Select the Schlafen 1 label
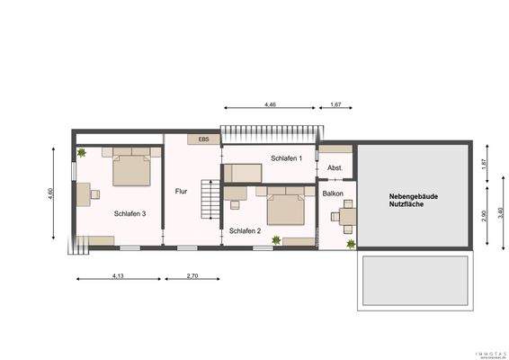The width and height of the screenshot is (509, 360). [x=286, y=158]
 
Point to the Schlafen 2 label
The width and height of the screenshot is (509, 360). [x=245, y=231]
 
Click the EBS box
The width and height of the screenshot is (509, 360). [x=204, y=139]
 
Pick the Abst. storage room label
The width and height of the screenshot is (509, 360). [x=335, y=167]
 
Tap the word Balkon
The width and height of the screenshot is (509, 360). [x=334, y=193]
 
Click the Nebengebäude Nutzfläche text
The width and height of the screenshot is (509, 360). [x=413, y=200]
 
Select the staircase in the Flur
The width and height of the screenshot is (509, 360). [x=210, y=199]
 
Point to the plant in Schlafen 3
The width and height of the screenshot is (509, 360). [x=82, y=154]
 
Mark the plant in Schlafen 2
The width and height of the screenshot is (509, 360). [x=276, y=239]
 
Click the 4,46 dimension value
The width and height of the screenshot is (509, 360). [x=270, y=105]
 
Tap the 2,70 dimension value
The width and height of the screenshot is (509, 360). [x=192, y=274]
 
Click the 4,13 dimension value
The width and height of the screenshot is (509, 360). [x=117, y=274]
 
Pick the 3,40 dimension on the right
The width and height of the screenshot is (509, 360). [x=500, y=216]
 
